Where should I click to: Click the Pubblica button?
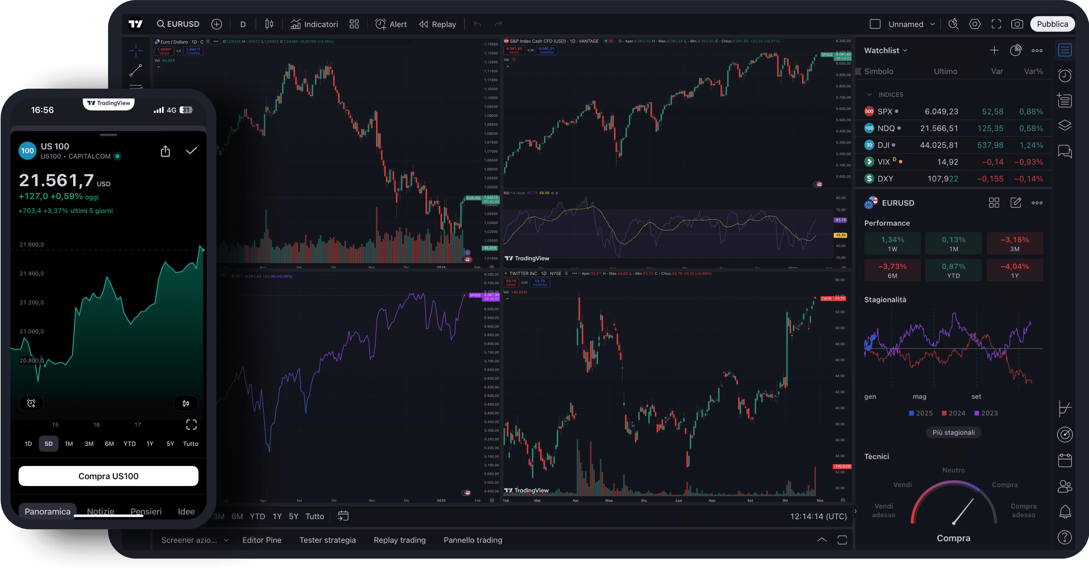tap(1052, 24)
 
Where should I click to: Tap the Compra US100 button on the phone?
tap(108, 476)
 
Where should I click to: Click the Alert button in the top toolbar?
tap(391, 24)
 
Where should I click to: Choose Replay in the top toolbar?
tap(438, 24)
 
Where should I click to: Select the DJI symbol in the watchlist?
tap(883, 145)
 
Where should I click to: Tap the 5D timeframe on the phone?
tap(48, 443)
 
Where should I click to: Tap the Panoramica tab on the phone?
tap(47, 511)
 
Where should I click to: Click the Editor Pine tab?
tap(262, 540)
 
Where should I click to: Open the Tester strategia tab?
tap(327, 540)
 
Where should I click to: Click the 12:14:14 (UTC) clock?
tap(818, 516)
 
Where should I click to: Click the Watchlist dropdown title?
tap(885, 50)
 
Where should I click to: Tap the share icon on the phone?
tap(165, 151)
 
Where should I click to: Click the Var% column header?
tap(1033, 71)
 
